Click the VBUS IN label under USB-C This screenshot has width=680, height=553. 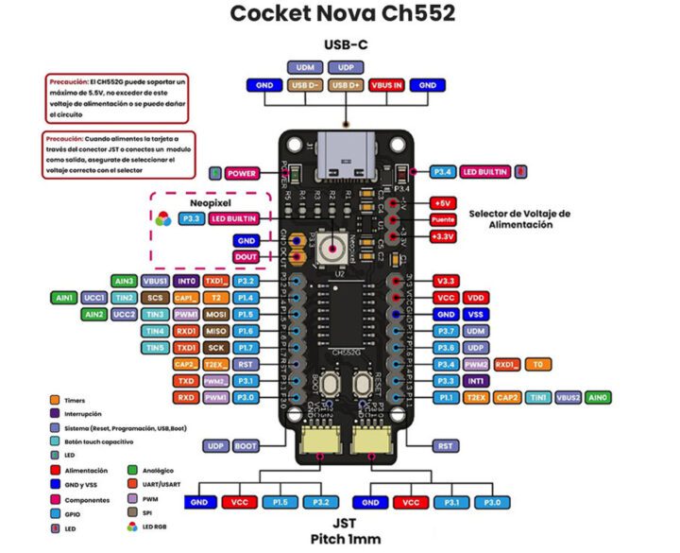click(x=388, y=85)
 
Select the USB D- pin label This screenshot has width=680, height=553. click(x=307, y=85)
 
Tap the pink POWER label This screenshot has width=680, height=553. click(x=242, y=174)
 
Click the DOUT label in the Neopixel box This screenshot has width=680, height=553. click(x=246, y=256)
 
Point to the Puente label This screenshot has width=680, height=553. click(x=442, y=218)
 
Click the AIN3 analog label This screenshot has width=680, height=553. click(x=124, y=281)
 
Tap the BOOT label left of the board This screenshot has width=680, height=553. click(x=246, y=445)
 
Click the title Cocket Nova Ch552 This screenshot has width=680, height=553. click(x=342, y=14)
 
